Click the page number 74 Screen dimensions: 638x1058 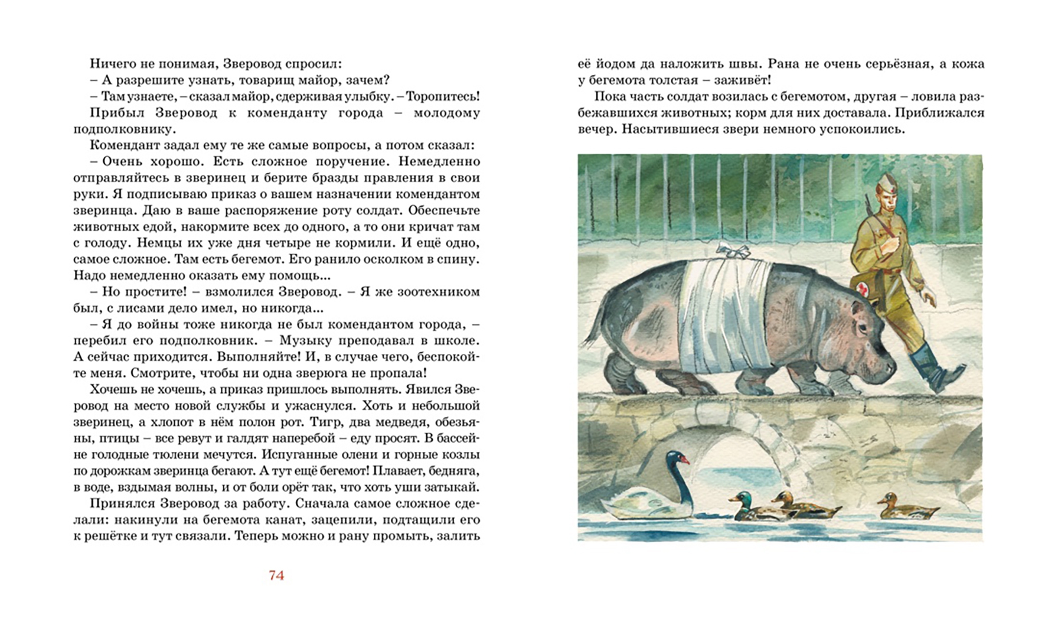pyautogui.click(x=276, y=575)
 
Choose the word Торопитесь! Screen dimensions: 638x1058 pyautogui.click(x=443, y=96)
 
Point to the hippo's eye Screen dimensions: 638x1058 pyautogui.click(x=862, y=326)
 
